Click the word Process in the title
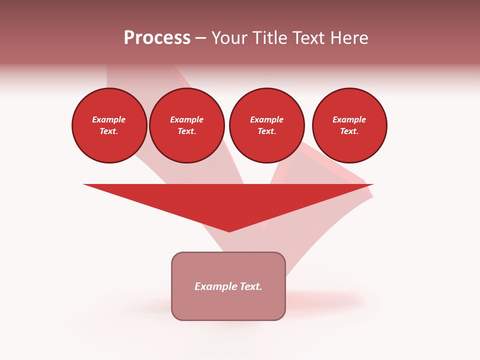click(157, 38)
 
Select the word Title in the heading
click(270, 38)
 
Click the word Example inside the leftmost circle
click(109, 119)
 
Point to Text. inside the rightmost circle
click(349, 131)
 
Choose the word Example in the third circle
click(266, 119)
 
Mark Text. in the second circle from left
click(186, 131)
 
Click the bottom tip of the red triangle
click(229, 230)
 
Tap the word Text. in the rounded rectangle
click(250, 286)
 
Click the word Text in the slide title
click(307, 38)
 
